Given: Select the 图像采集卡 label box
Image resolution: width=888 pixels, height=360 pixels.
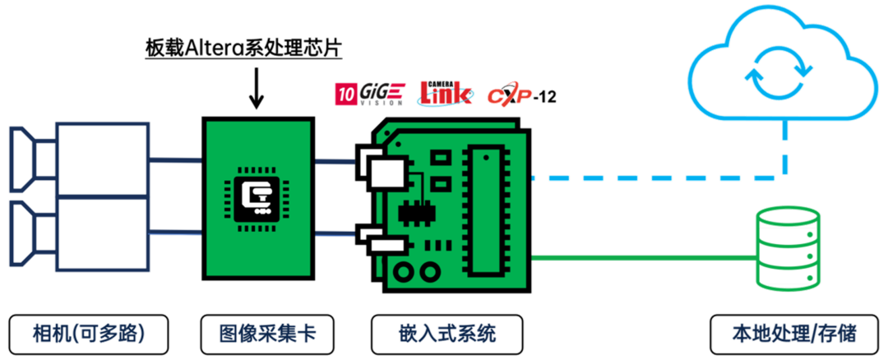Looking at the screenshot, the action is pyautogui.click(x=257, y=335).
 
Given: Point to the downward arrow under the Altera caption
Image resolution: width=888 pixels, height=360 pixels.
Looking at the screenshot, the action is pyautogui.click(x=257, y=91).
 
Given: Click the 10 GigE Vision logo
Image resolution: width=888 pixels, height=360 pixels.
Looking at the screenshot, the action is pyautogui.click(x=369, y=94).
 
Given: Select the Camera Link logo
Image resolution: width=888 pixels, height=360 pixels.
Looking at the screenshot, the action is pyautogui.click(x=446, y=93).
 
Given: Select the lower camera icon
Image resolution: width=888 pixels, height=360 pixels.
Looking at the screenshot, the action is pyautogui.click(x=78, y=234).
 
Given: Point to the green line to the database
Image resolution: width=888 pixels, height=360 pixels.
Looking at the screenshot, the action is pyautogui.click(x=641, y=256).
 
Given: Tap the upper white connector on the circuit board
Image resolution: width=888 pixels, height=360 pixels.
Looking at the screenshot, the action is pyautogui.click(x=385, y=172).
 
